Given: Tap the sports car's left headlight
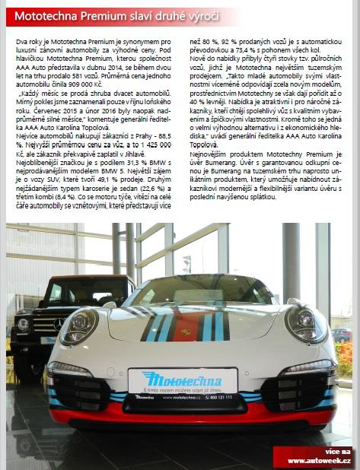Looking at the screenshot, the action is click(x=79, y=326).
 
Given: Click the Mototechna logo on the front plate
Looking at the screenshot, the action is click(x=182, y=378).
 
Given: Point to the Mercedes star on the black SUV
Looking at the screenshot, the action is click(x=59, y=324).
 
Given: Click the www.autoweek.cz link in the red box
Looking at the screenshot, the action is click(x=319, y=461).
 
